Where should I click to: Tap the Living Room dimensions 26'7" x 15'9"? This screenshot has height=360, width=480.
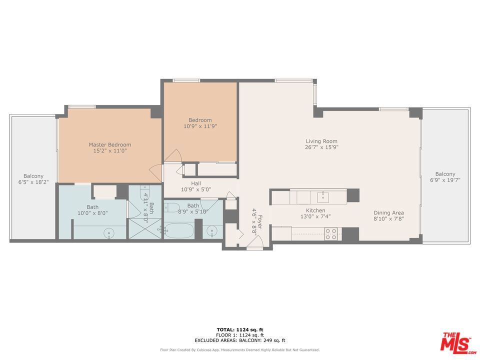pyautogui.click(x=321, y=147)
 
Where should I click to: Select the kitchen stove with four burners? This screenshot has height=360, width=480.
pyautogui.click(x=331, y=234)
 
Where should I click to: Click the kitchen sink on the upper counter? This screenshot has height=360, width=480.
pyautogui.click(x=323, y=197)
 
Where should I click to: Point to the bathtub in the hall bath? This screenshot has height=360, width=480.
pyautogui.click(x=179, y=230)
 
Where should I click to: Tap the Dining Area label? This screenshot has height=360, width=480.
pyautogui.click(x=388, y=212)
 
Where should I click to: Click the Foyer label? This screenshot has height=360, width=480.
pyautogui.click(x=260, y=222)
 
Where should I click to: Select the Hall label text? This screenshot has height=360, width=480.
pyautogui.click(x=196, y=183)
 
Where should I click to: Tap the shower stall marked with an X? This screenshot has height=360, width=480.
pyautogui.click(x=145, y=228)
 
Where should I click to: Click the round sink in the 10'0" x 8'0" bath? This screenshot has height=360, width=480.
pyautogui.click(x=109, y=233)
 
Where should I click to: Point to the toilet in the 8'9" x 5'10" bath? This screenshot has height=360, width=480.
pyautogui.click(x=171, y=207)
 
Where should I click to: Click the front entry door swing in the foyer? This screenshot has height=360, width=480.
pyautogui.click(x=255, y=242)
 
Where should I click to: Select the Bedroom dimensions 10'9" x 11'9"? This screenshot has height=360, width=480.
pyautogui.click(x=200, y=126)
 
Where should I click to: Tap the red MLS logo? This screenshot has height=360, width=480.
pyautogui.click(x=458, y=342)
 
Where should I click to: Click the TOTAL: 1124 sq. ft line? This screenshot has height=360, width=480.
pyautogui.click(x=240, y=329)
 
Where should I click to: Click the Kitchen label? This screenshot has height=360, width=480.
pyautogui.click(x=315, y=210)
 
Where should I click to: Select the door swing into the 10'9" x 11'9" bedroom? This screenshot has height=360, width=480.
pyautogui.click(x=173, y=155)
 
